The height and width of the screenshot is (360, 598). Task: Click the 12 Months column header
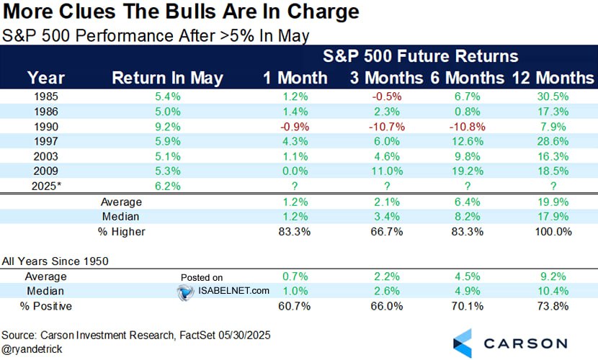click(553, 78)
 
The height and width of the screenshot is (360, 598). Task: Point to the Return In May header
click(167, 78)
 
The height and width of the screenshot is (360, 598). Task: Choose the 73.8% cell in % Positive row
click(553, 306)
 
